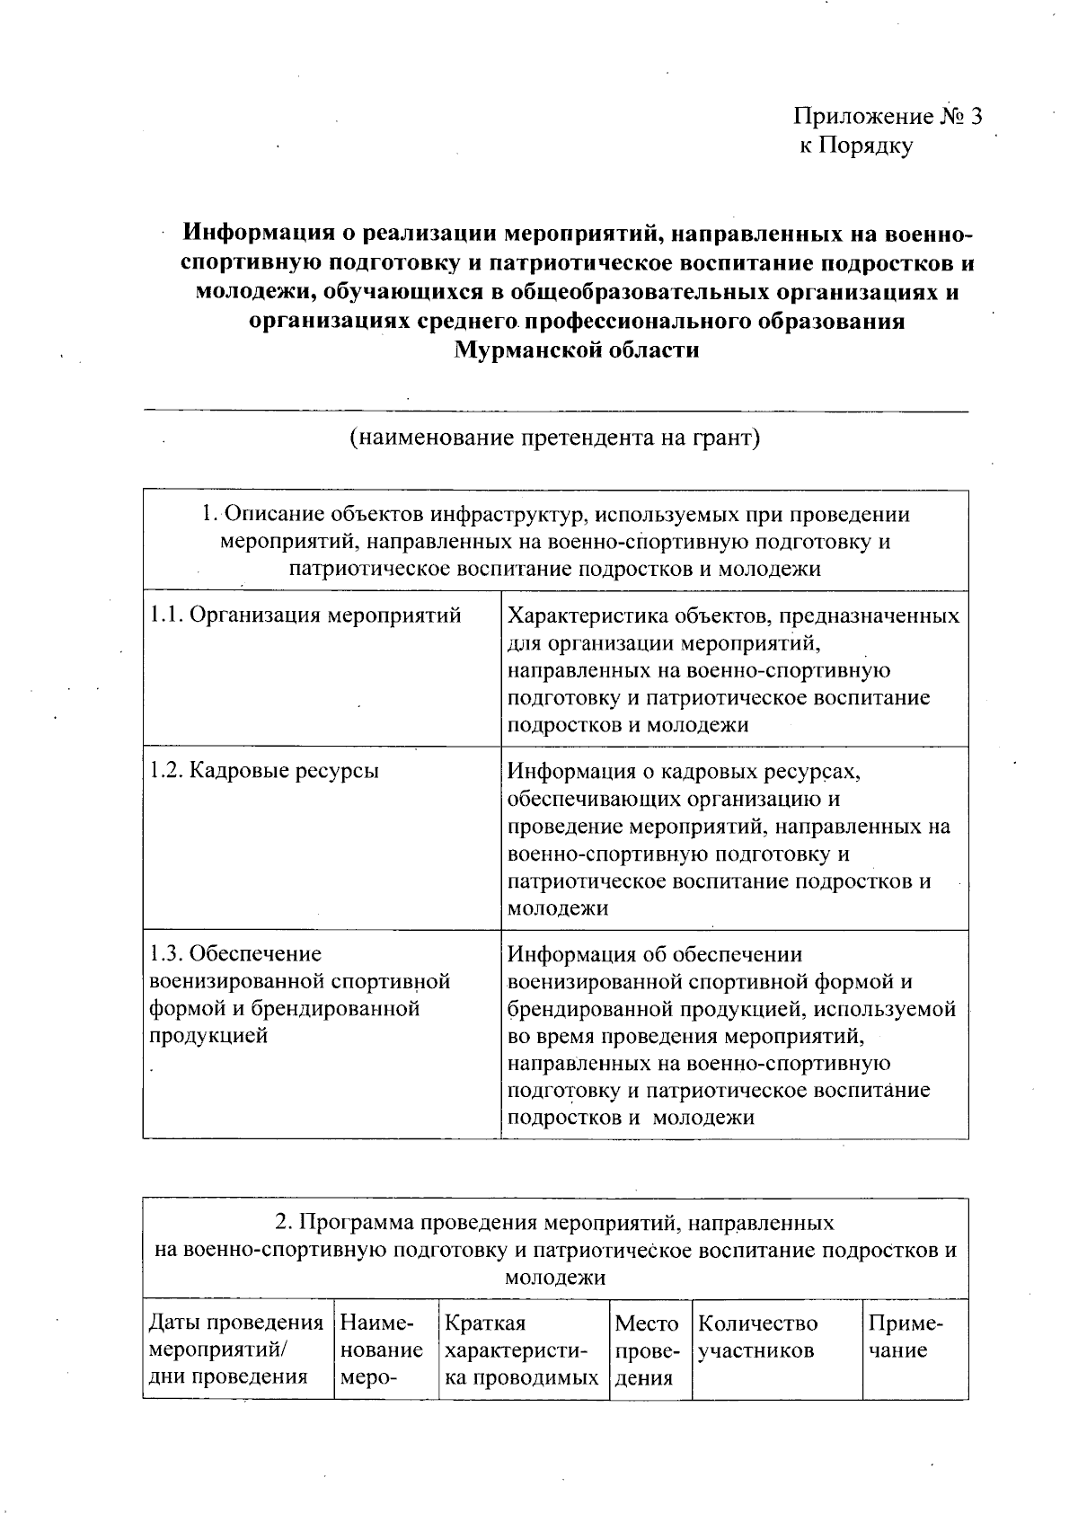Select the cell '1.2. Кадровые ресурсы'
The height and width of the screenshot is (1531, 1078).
click(264, 771)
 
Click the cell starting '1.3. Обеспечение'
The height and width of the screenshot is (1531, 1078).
click(299, 994)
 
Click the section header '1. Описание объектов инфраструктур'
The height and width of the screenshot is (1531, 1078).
click(555, 541)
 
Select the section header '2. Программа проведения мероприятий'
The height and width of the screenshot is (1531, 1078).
click(555, 1249)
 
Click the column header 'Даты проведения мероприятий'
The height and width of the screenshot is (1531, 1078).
click(236, 1350)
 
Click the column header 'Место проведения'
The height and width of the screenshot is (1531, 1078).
click(646, 1350)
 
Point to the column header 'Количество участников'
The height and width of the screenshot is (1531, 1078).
click(758, 1337)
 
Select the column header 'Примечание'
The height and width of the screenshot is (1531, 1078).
click(906, 1337)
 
